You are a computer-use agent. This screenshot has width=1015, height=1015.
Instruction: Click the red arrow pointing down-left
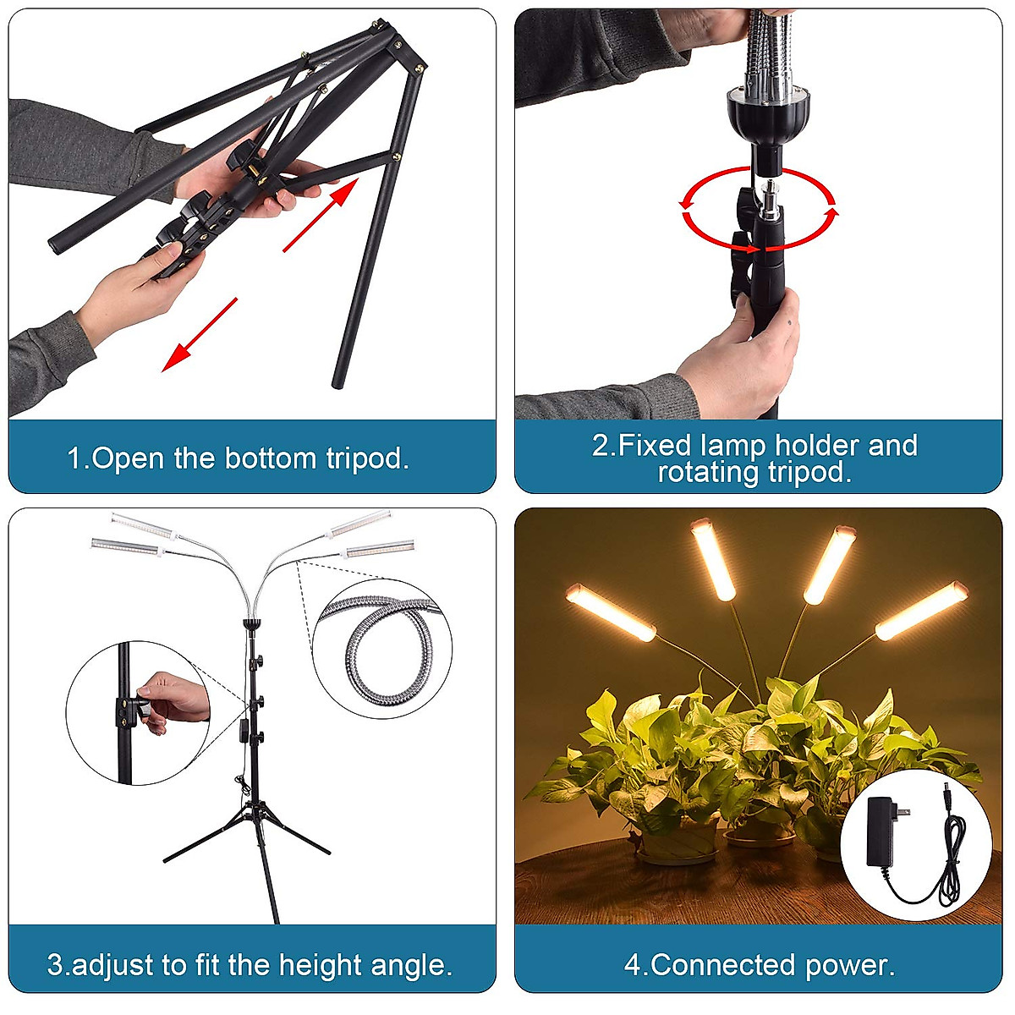200,335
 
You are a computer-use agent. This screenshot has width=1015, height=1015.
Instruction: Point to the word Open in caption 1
127,458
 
